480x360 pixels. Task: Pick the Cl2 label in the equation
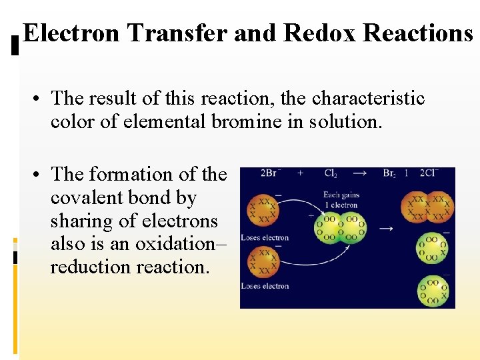331,173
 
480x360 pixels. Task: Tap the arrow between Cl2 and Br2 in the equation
360,173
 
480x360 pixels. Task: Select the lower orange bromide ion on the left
261,261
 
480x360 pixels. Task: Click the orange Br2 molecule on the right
428,207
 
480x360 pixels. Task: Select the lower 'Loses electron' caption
265,286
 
